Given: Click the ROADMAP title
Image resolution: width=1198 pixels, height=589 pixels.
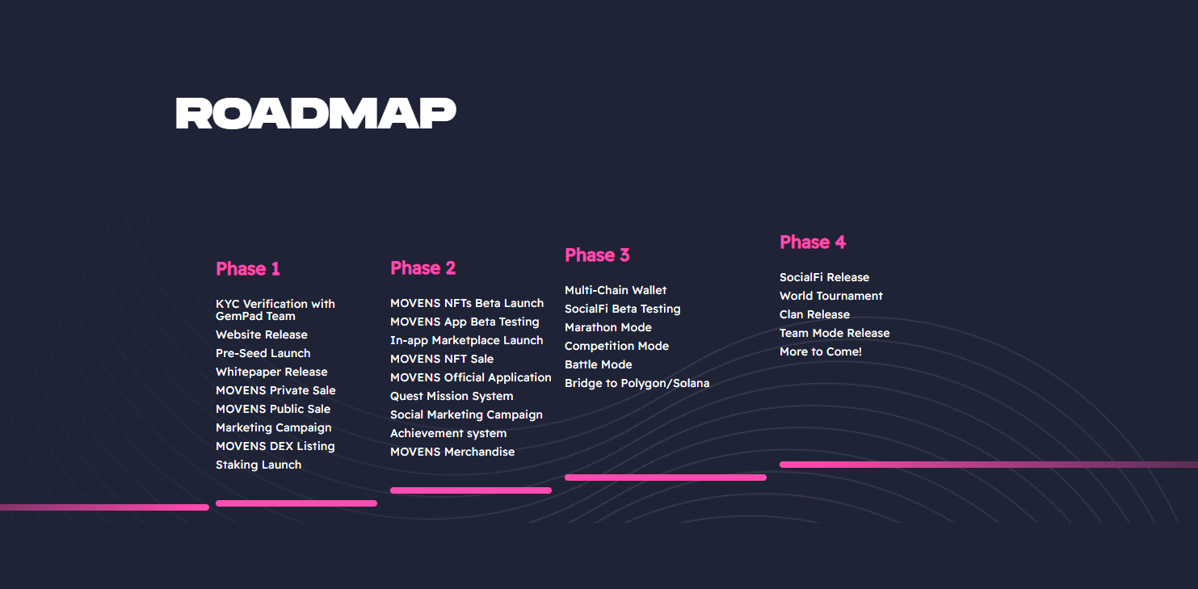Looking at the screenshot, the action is pyautogui.click(x=316, y=113).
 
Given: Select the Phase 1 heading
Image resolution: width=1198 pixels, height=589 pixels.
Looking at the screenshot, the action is pyautogui.click(x=248, y=268).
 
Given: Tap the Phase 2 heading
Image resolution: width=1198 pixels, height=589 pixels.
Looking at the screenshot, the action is pyautogui.click(x=422, y=267).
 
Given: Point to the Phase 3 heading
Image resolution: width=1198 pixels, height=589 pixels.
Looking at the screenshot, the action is pyautogui.click(x=597, y=255).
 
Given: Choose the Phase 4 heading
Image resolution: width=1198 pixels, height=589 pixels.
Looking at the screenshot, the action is pyautogui.click(x=813, y=242).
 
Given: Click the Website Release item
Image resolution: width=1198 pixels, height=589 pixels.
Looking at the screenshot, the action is pyautogui.click(x=262, y=334).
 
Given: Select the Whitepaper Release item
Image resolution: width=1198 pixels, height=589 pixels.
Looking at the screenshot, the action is pyautogui.click(x=271, y=372).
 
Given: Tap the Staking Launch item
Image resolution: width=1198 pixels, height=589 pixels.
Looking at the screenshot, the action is pyautogui.click(x=259, y=465).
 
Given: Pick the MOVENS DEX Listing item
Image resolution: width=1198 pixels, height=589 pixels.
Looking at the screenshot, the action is pyautogui.click(x=275, y=446).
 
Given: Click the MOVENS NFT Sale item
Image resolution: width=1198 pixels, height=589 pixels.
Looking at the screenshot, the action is pyautogui.click(x=442, y=359).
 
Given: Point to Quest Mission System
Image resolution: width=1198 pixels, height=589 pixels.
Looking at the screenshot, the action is pyautogui.click(x=452, y=397).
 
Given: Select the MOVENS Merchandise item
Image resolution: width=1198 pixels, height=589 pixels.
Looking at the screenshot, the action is pyautogui.click(x=452, y=452).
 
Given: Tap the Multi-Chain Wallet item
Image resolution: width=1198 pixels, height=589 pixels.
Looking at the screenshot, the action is pyautogui.click(x=616, y=290).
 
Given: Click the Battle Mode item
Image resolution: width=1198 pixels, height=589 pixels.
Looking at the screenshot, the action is pyautogui.click(x=599, y=364).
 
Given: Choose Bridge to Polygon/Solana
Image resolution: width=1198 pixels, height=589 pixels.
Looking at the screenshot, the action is pyautogui.click(x=637, y=384).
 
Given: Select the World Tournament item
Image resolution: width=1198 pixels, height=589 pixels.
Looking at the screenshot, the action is pyautogui.click(x=831, y=296).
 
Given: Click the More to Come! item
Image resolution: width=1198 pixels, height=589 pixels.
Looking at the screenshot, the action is pyautogui.click(x=821, y=351).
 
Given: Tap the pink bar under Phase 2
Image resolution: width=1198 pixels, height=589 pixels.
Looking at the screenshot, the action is pyautogui.click(x=471, y=490).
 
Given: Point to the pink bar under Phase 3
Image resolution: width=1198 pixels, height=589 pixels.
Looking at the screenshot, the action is pyautogui.click(x=666, y=478).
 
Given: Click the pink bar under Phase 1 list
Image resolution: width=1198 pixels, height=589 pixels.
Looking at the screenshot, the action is pyautogui.click(x=296, y=503).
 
